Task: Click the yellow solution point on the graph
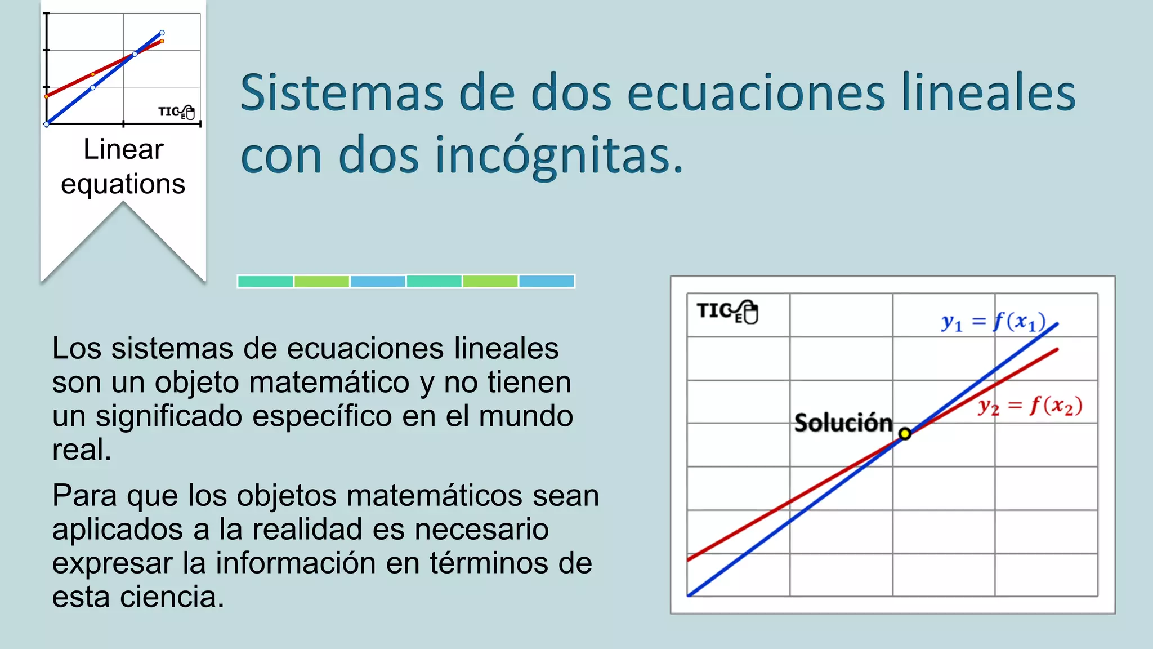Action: (905, 434)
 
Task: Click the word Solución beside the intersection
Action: (843, 423)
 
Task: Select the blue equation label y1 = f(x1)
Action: (993, 322)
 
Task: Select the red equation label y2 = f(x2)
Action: (1030, 406)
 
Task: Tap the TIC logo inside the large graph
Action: (727, 312)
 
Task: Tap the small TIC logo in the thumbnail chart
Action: (176, 112)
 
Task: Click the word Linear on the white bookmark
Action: (123, 150)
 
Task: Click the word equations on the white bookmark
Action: (123, 184)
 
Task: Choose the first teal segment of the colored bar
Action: (265, 281)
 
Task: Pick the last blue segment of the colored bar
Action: (546, 281)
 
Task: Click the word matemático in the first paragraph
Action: (329, 383)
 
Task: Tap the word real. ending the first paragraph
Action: (82, 450)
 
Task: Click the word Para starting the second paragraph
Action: (84, 496)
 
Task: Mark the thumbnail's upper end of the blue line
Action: (162, 33)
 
